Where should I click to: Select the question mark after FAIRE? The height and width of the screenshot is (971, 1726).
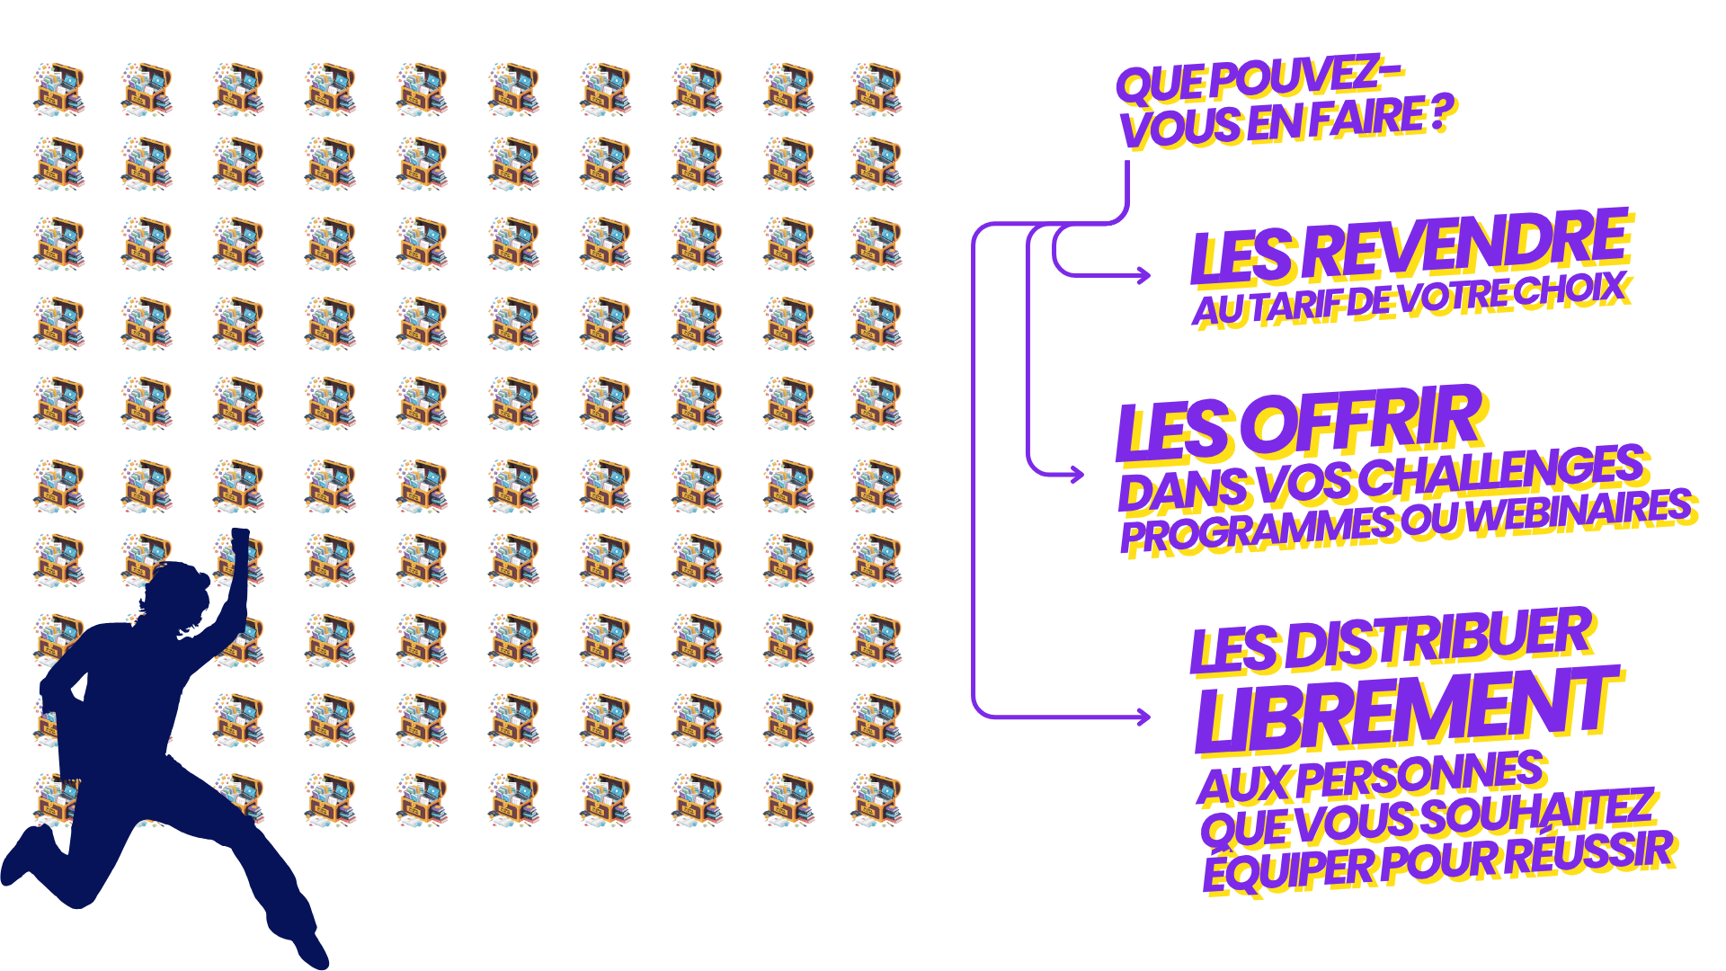coord(1442,115)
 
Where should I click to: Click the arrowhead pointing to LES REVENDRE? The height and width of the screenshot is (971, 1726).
coord(1143,275)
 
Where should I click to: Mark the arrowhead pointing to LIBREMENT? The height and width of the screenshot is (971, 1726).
coord(1143,717)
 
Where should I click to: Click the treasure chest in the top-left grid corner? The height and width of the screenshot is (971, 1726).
coord(59,89)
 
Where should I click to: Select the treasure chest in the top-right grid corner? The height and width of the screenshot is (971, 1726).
coord(876,89)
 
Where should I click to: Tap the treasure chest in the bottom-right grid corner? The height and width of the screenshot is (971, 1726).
coord(876,799)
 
